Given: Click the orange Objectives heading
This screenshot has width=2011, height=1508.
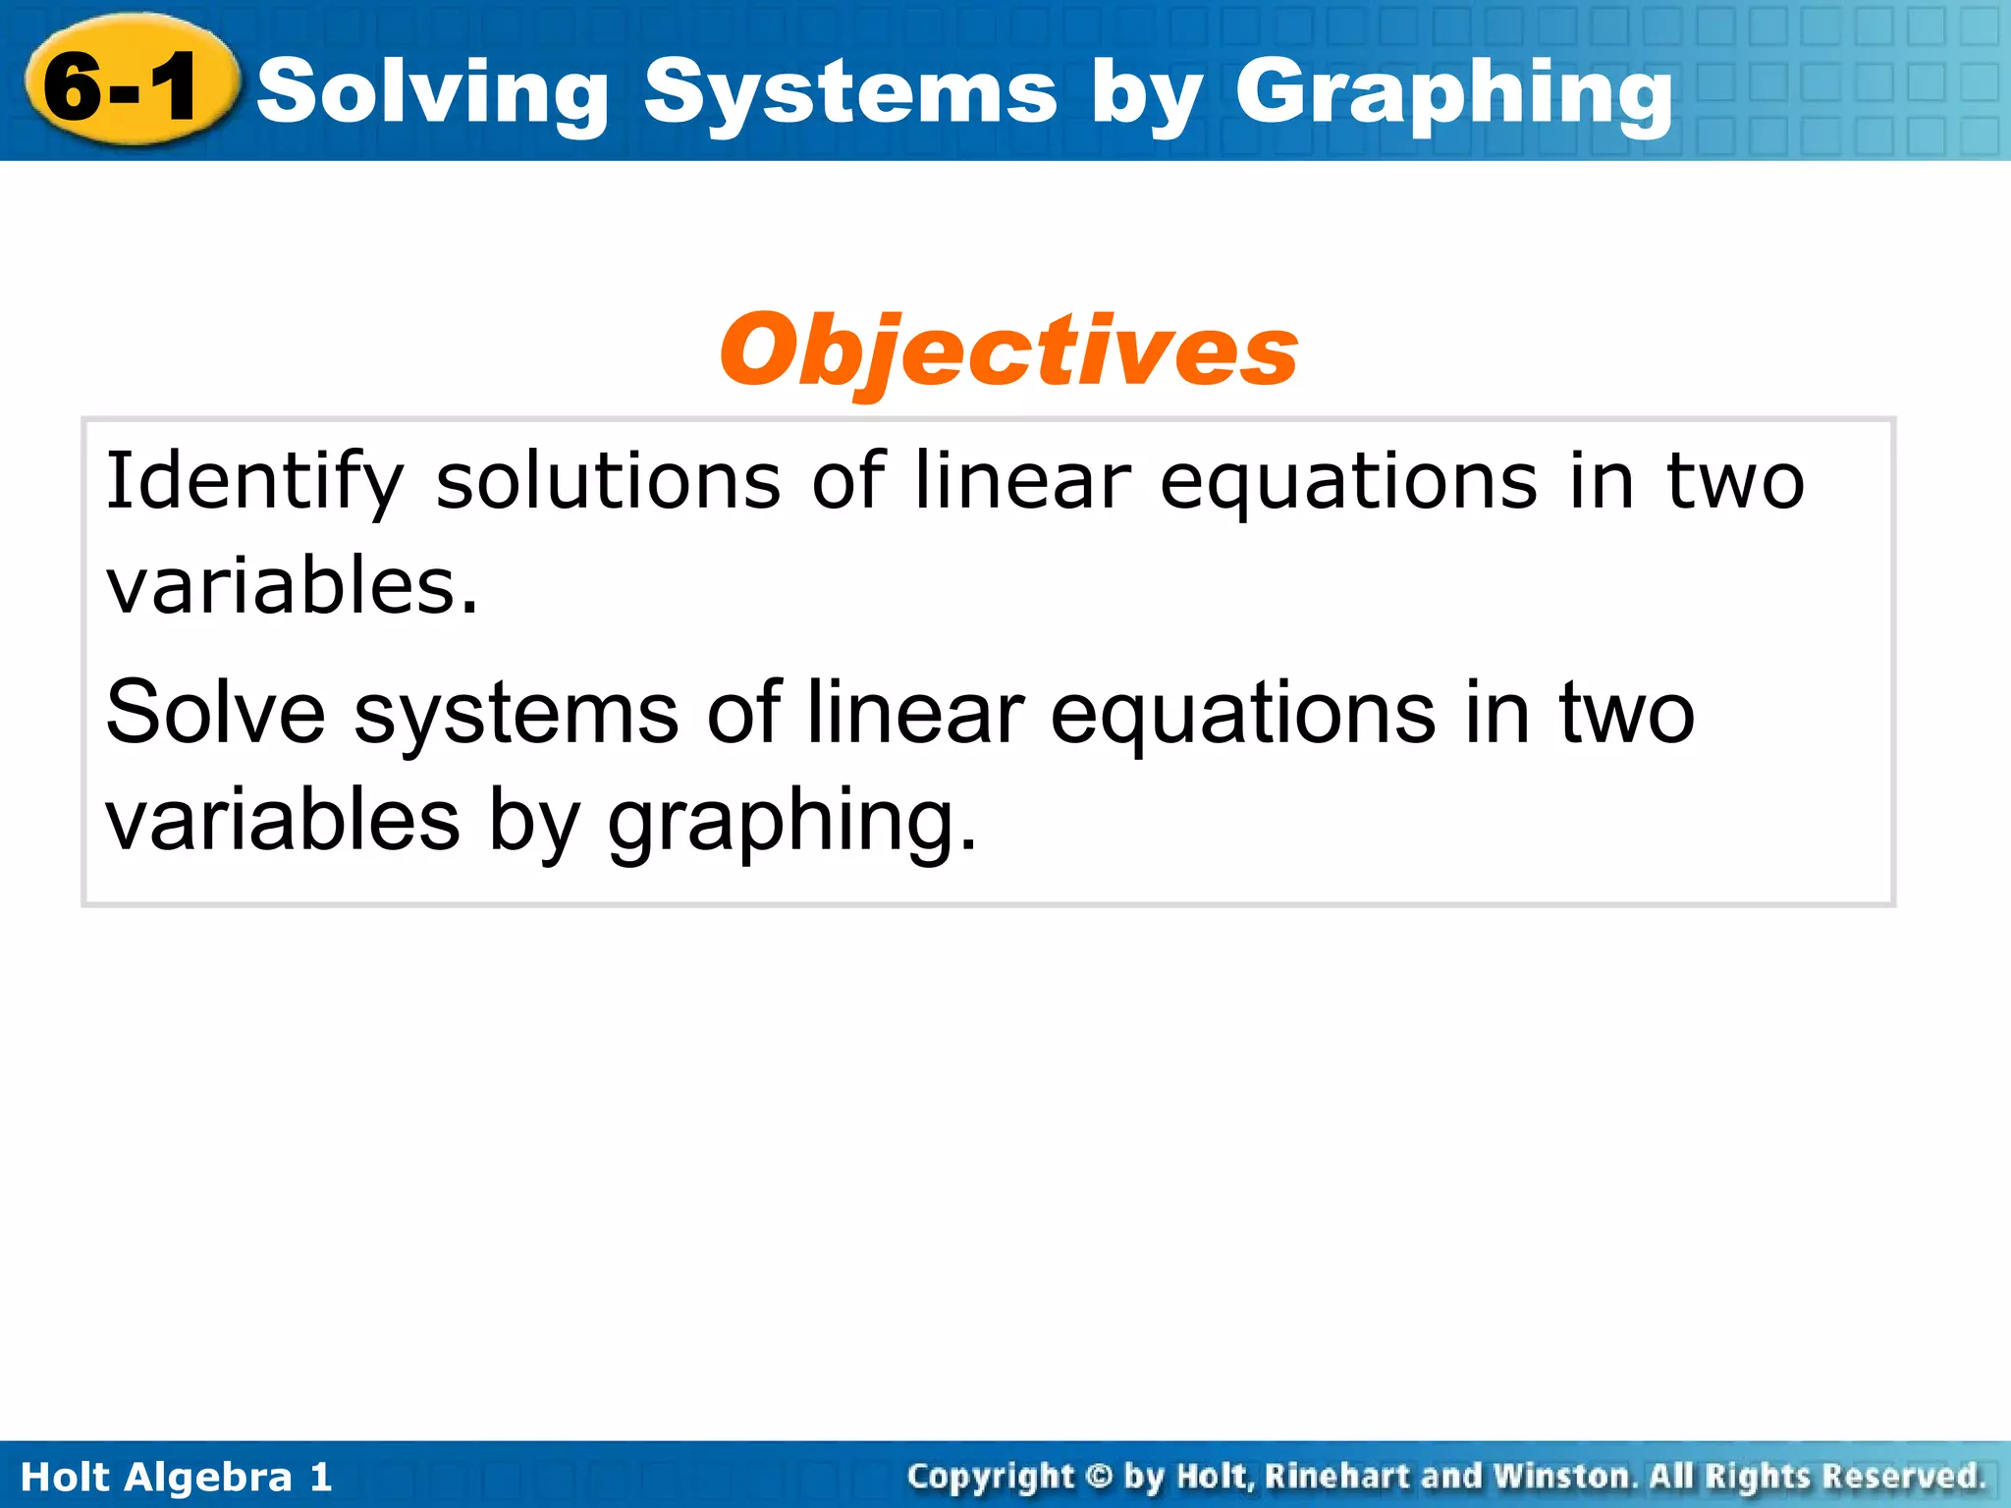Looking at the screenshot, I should (1008, 350).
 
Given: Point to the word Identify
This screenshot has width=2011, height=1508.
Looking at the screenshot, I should (254, 482).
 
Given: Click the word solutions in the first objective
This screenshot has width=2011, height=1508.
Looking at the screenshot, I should (608, 481).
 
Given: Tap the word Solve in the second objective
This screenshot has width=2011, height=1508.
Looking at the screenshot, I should (215, 713).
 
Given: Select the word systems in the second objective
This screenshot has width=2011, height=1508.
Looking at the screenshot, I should (516, 715).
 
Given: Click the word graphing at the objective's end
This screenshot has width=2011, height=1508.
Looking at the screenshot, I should (791, 821).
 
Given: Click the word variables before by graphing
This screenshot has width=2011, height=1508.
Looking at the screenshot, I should (283, 819).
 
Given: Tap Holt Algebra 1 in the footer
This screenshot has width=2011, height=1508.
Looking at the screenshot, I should (177, 1477).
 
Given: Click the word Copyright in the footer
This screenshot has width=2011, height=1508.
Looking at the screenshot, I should (991, 1477).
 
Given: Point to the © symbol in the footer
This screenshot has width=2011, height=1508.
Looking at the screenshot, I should (1099, 1476).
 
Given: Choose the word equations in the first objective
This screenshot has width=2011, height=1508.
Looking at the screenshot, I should (1347, 482).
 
